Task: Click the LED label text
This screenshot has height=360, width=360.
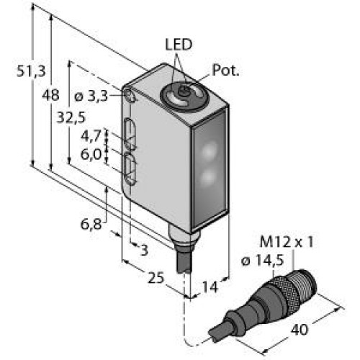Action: (179, 45)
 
